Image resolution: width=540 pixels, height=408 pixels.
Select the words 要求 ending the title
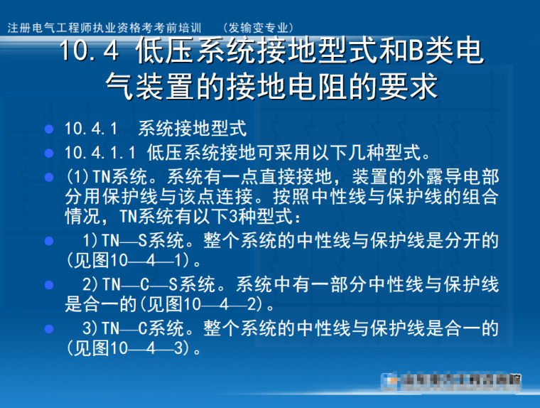click(x=412, y=87)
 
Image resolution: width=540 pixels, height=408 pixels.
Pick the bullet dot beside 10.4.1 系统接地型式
click(x=49, y=130)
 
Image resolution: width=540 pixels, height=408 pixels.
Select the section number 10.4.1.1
click(x=101, y=153)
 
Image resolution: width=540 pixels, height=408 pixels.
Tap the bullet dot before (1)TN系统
click(x=49, y=176)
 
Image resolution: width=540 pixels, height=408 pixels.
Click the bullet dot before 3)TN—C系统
click(x=49, y=329)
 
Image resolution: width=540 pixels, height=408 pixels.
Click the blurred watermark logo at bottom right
click(x=450, y=382)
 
